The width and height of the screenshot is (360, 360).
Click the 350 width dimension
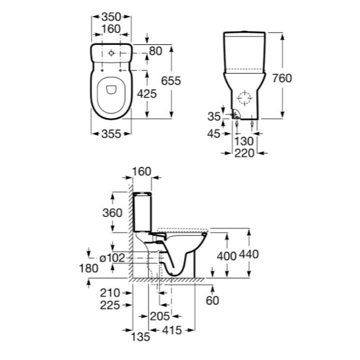pyautogui.click(x=111, y=17)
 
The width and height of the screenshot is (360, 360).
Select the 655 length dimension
pyautogui.click(x=171, y=81)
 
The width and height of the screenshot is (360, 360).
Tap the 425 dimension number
pyautogui.click(x=147, y=94)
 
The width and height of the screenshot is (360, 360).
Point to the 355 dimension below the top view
pyautogui.click(x=111, y=134)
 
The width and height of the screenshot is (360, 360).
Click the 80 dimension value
pyautogui.click(x=156, y=51)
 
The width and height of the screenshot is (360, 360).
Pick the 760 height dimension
pyautogui.click(x=282, y=78)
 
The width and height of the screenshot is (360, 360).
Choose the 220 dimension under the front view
pyautogui.click(x=244, y=153)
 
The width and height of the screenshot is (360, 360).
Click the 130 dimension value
pyautogui.click(x=244, y=141)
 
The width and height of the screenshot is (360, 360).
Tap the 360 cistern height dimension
pyautogui.click(x=112, y=213)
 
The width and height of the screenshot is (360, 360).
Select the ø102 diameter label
pyautogui.click(x=112, y=258)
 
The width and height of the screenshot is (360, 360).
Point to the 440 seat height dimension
pyautogui.click(x=249, y=254)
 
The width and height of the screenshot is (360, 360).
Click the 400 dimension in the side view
pyautogui.click(x=227, y=256)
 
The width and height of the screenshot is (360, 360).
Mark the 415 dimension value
pyautogui.click(x=172, y=331)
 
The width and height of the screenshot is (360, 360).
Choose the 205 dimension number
pyautogui.click(x=160, y=317)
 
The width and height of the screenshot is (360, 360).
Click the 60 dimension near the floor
pyautogui.click(x=212, y=301)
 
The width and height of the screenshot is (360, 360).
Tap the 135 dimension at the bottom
pyautogui.click(x=140, y=337)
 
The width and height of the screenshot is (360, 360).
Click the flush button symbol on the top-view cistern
pyautogui.click(x=111, y=53)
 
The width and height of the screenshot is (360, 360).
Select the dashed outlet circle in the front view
pyautogui.click(x=244, y=98)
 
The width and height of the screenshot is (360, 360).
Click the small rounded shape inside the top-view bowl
pyautogui.click(x=111, y=90)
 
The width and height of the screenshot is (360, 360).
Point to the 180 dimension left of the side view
pyautogui.click(x=89, y=268)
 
